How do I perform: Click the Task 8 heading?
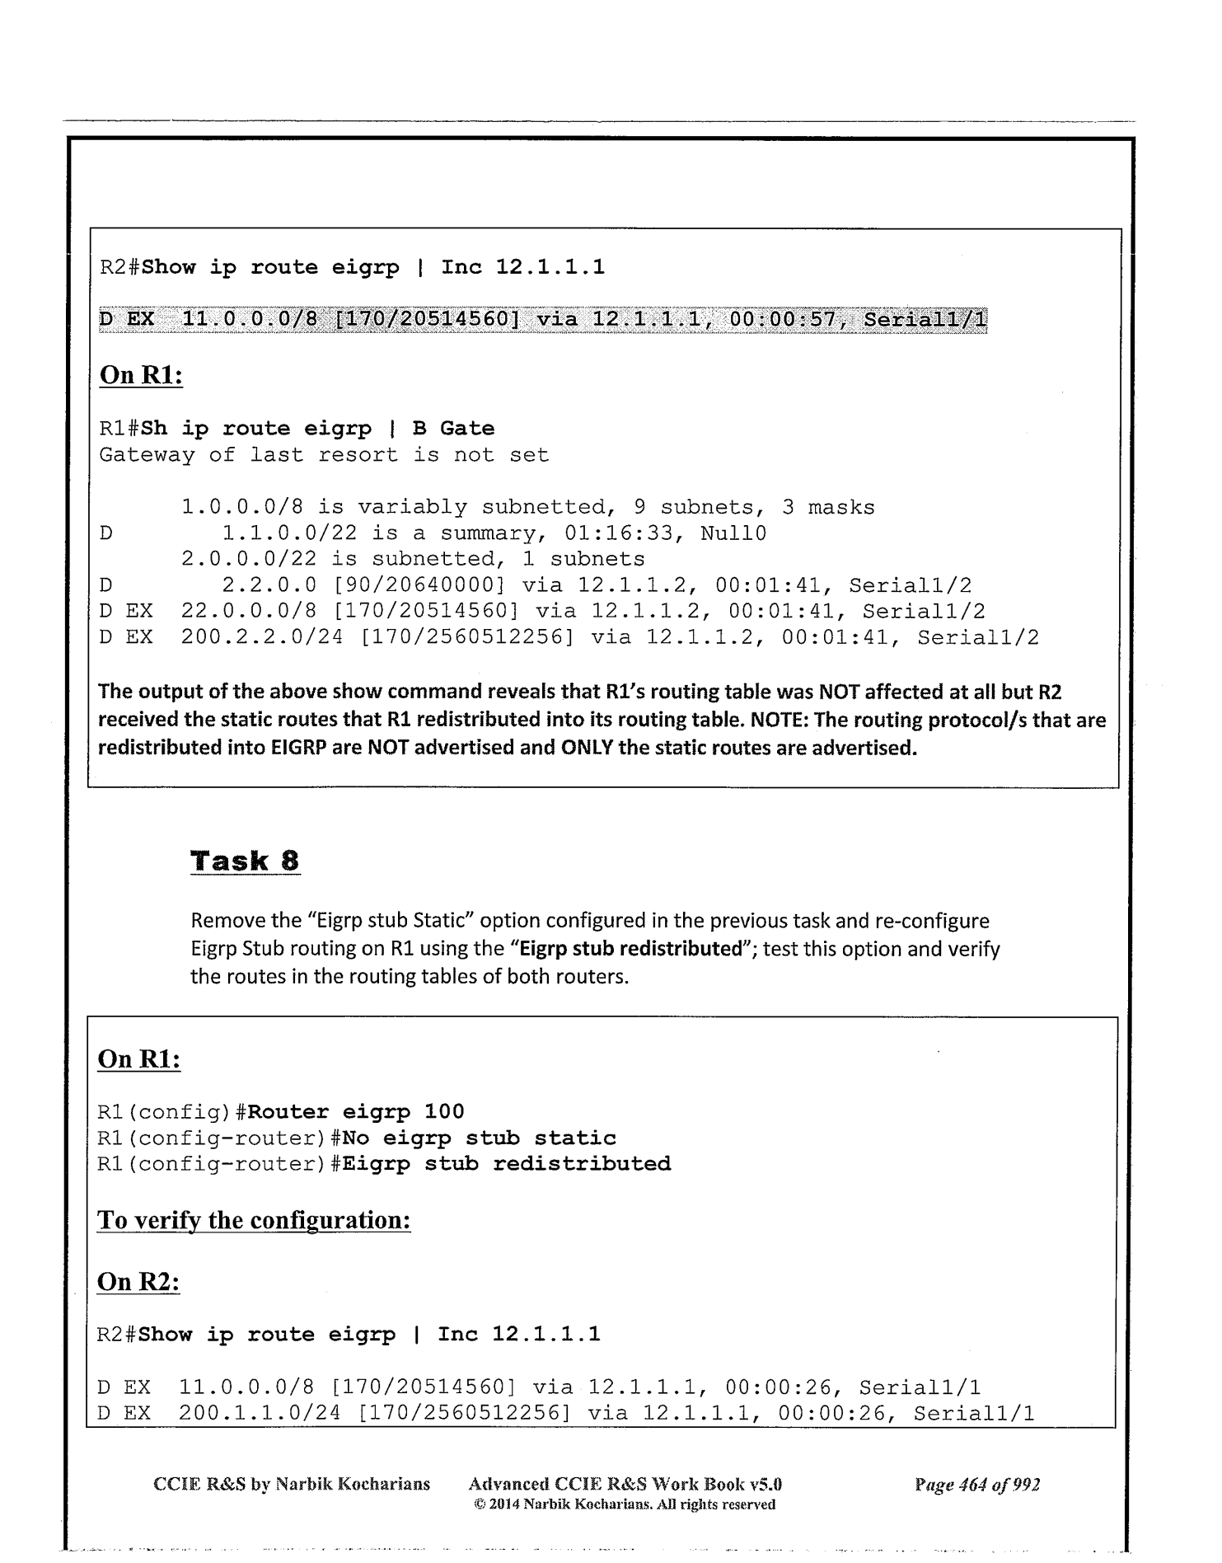click(245, 861)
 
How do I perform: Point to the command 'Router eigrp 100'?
click(356, 1112)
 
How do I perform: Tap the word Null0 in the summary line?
click(733, 533)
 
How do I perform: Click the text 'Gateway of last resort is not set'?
click(324, 455)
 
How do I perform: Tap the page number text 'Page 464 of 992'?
click(976, 1485)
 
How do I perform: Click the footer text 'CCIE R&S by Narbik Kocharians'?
click(292, 1485)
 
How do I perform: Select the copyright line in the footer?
click(624, 1504)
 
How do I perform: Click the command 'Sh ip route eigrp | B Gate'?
click(318, 429)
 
